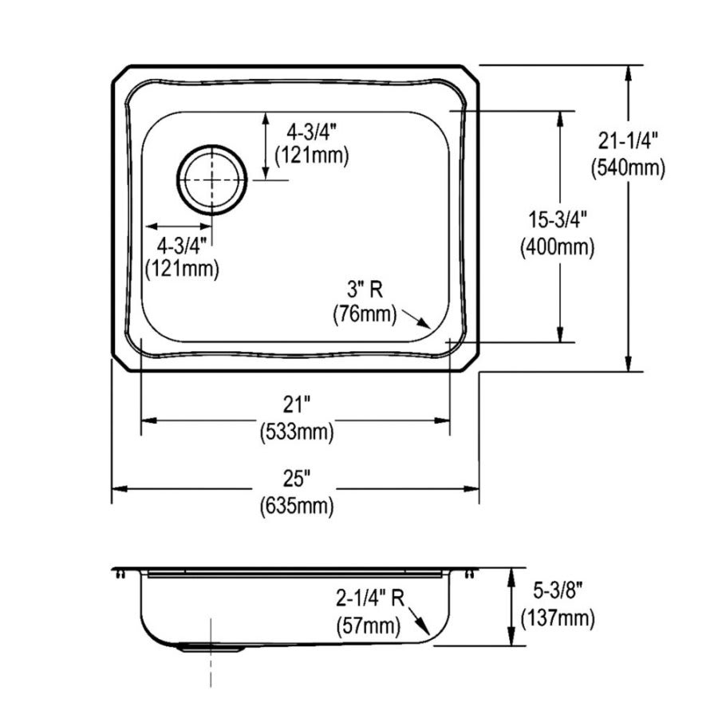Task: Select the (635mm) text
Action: pos(296,505)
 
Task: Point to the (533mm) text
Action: pos(296,432)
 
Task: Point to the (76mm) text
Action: pos(365,314)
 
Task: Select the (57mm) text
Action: pos(366,625)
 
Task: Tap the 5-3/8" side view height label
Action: pos(556,591)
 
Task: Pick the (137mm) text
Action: pos(557,617)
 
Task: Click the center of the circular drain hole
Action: pos(211,180)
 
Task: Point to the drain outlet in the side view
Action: pos(211,649)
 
